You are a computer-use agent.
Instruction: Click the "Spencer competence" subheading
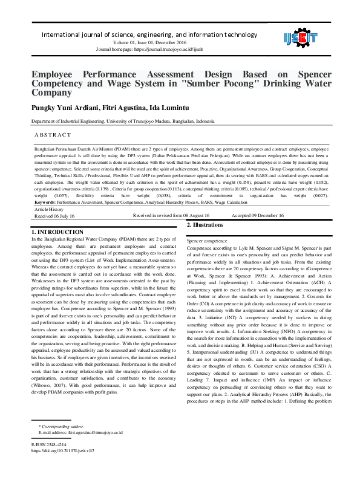[207, 241]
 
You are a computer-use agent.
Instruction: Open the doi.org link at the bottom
[64, 450]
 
